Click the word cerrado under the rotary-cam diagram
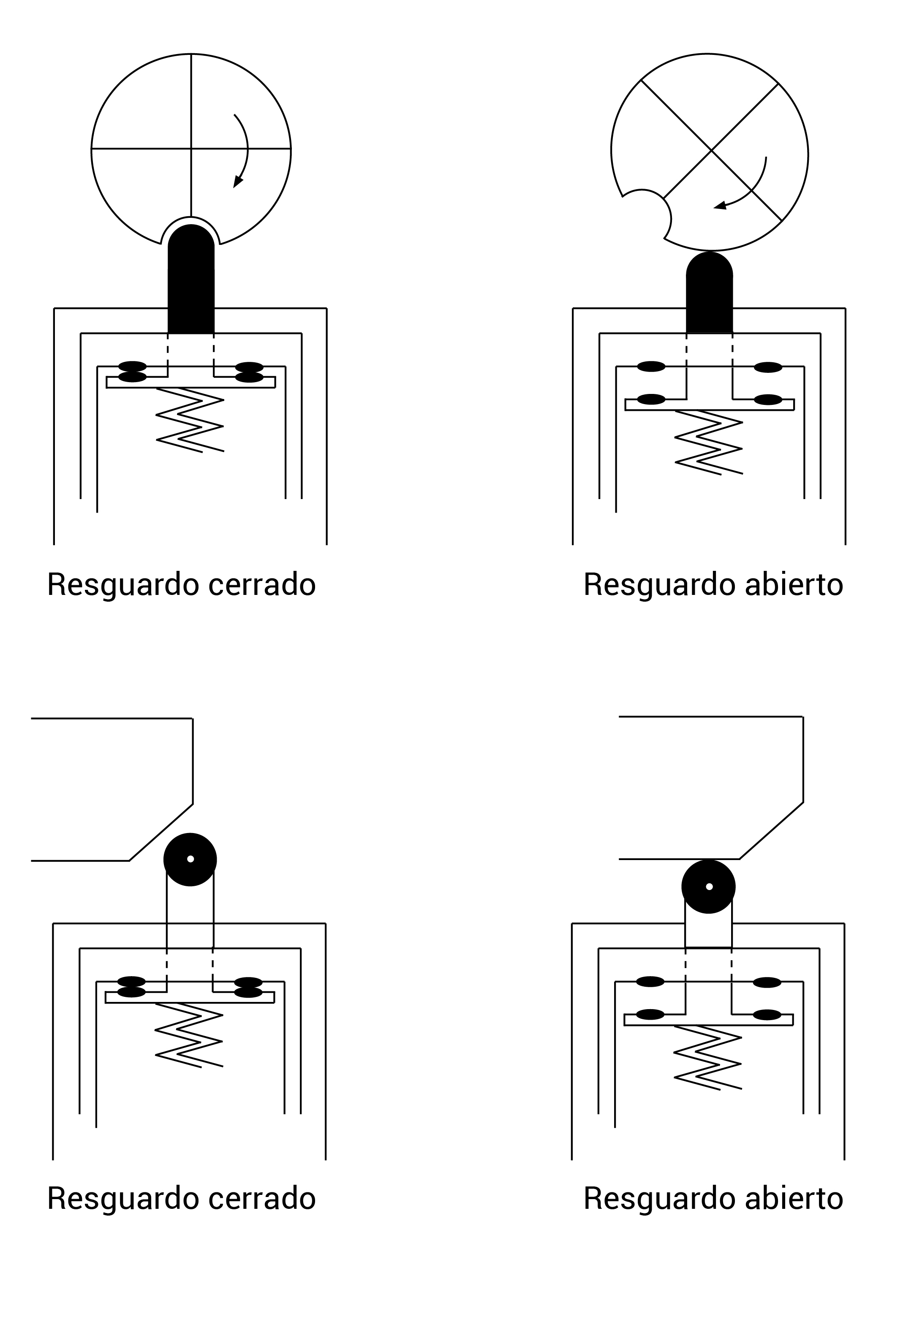tap(262, 585)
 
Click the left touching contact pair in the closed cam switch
tap(132, 372)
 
